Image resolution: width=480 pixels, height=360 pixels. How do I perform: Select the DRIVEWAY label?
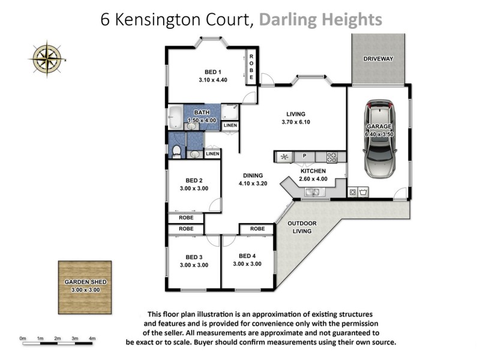(378, 59)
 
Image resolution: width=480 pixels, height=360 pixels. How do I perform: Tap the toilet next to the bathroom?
(177, 151)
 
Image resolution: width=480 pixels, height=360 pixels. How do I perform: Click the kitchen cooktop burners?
(332, 157)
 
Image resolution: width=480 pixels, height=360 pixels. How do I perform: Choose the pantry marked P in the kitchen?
(305, 157)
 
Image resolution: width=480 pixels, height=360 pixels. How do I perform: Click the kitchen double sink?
(311, 192)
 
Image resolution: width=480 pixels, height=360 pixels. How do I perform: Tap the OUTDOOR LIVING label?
(301, 227)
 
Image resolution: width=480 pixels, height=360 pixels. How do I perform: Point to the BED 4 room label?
(247, 256)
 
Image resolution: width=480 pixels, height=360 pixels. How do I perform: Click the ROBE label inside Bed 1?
(251, 68)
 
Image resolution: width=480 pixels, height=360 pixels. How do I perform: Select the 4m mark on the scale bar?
(92, 339)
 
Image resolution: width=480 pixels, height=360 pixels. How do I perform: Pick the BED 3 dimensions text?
(193, 265)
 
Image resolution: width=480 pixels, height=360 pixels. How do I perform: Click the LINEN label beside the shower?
(230, 125)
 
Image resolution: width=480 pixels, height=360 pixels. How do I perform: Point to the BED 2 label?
(193, 180)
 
